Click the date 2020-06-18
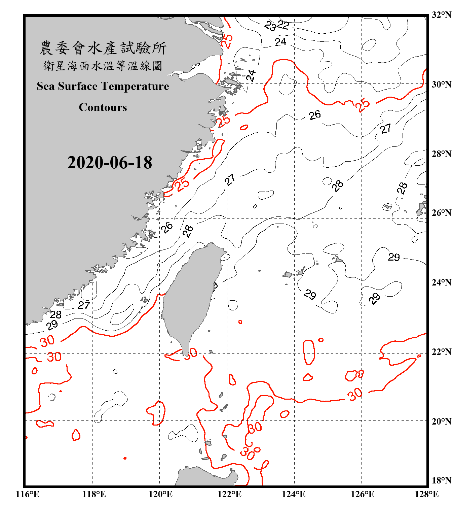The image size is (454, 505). [110, 163]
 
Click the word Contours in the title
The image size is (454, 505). [103, 107]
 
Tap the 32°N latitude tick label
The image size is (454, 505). [441, 15]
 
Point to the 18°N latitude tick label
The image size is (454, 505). [441, 480]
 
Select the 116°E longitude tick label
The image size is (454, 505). [28, 494]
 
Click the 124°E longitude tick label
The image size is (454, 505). [294, 494]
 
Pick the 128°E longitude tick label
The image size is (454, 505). [426, 494]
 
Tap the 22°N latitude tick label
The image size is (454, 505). [441, 352]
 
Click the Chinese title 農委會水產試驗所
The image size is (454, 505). [103, 48]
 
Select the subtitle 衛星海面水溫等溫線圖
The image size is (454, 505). [103, 66]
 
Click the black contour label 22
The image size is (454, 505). [283, 25]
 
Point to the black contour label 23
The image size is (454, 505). [270, 26]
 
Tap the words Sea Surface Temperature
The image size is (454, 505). [103, 86]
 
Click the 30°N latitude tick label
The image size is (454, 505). [441, 85]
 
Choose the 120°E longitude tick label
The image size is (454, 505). [160, 494]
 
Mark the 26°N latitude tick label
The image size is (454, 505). [441, 213]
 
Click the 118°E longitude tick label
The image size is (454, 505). [94, 494]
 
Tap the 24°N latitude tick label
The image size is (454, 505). [441, 282]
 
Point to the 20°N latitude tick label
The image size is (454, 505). [441, 421]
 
